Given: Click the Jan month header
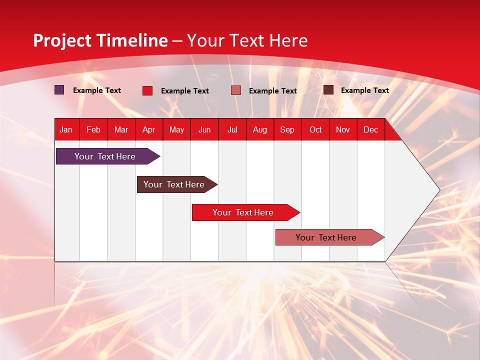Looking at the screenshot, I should (66, 129).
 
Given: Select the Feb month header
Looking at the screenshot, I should (93, 129).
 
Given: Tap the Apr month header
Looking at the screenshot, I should (148, 129).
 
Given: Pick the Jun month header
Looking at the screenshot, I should (204, 129).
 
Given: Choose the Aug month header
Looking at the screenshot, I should (259, 129).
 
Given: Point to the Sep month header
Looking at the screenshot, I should (287, 129).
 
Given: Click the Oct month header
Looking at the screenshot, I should (315, 129).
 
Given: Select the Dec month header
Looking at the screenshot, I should (370, 129).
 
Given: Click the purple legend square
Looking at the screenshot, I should (59, 90).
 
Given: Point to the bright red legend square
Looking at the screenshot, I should (147, 90).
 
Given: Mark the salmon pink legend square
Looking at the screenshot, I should (236, 90).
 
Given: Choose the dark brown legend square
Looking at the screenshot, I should (328, 90).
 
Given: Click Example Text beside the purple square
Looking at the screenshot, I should (97, 90).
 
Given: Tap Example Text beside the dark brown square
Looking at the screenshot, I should (365, 90).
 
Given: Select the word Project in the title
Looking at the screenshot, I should (56, 40).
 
